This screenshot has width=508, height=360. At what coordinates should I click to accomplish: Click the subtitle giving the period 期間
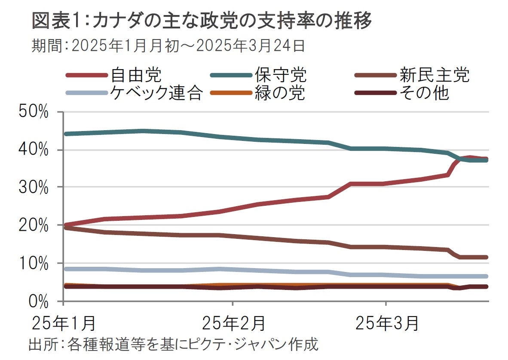click(168, 46)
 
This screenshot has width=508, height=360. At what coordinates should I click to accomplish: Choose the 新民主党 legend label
click(435, 75)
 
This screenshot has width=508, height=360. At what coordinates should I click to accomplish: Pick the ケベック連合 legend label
click(155, 93)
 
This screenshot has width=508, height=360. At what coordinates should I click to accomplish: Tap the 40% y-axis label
click(34, 150)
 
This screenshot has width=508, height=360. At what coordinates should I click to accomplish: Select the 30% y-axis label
click(34, 187)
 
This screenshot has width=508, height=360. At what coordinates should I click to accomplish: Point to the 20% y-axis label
click(34, 225)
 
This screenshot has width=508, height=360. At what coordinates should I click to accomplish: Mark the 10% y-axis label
click(34, 263)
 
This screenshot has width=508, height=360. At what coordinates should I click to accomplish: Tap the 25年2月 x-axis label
click(234, 323)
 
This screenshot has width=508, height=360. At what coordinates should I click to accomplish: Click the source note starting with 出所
click(174, 345)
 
